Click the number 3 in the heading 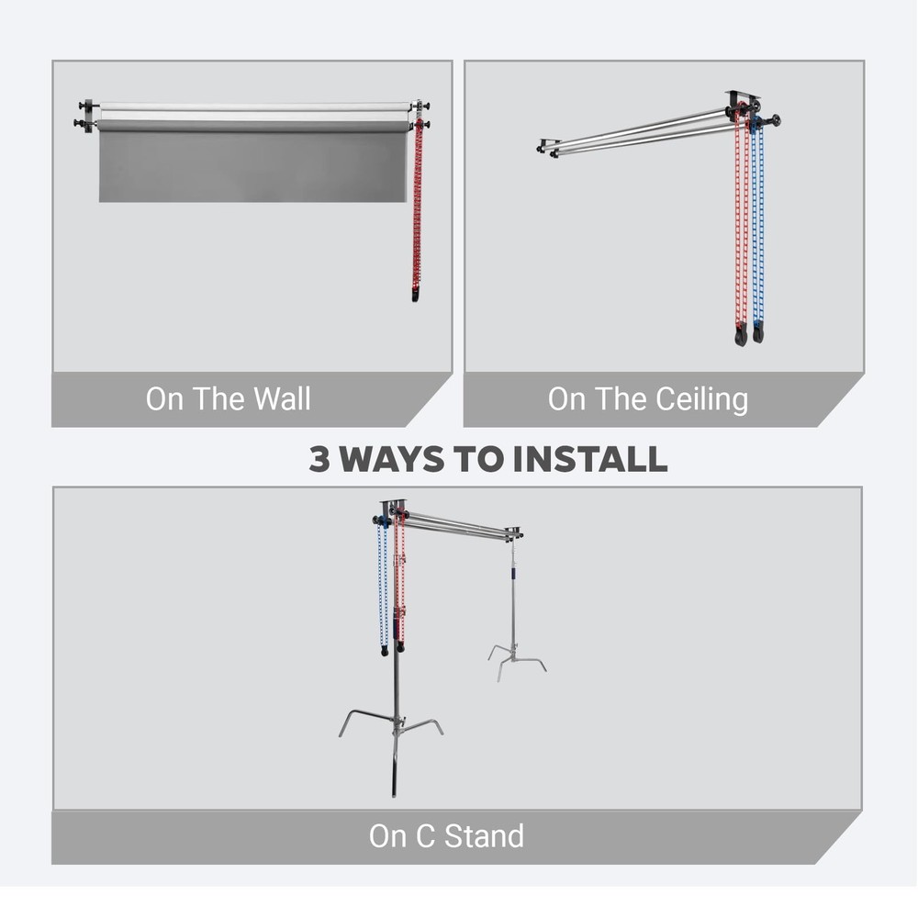point(319,459)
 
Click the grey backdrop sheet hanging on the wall point(252,165)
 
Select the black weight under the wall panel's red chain point(416,296)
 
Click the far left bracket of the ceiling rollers point(548,147)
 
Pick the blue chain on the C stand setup point(381,588)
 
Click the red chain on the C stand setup point(402,578)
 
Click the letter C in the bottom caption point(428,836)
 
